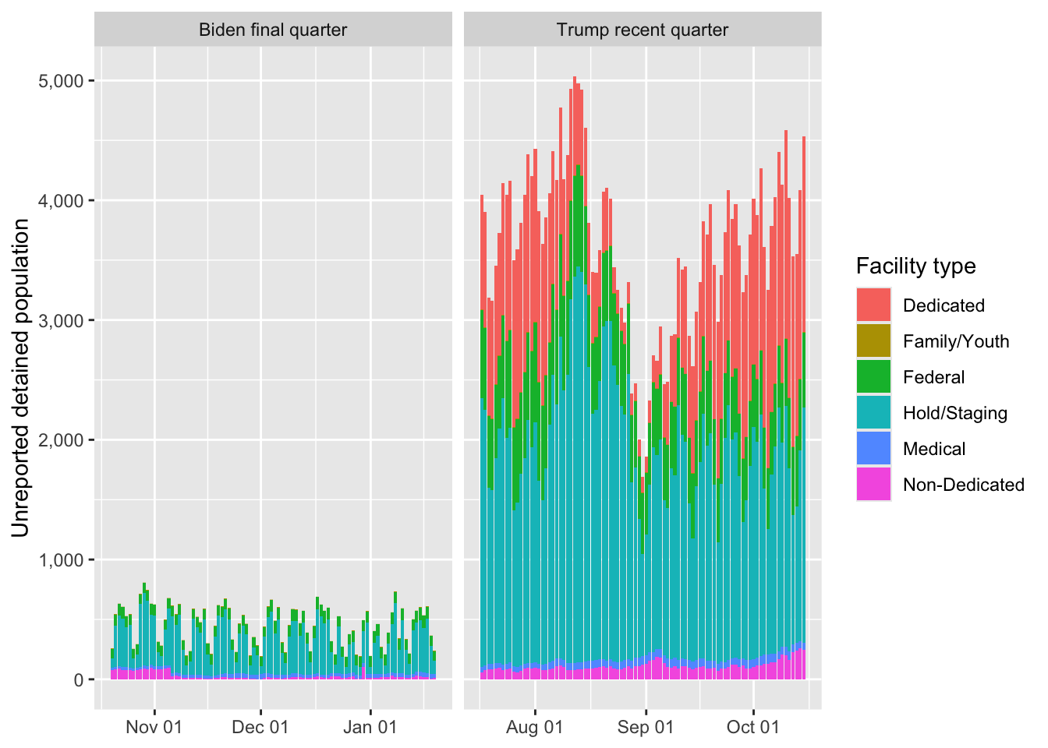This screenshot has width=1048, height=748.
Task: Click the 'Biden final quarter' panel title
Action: (273, 30)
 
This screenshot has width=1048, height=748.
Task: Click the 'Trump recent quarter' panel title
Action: (643, 30)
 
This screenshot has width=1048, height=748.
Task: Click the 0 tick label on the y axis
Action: (79, 680)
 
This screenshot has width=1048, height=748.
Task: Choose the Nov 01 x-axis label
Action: (154, 728)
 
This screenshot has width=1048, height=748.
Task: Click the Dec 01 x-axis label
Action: (260, 728)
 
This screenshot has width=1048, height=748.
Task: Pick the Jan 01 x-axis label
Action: (370, 728)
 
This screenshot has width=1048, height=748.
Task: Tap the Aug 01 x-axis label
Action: (535, 728)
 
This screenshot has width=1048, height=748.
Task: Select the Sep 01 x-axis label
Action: (646, 728)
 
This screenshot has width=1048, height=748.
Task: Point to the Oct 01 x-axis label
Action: (753, 728)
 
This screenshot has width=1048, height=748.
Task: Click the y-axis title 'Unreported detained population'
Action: (21, 378)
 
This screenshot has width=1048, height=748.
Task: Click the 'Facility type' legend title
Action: (915, 266)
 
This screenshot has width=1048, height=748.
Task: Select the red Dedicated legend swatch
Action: (873, 305)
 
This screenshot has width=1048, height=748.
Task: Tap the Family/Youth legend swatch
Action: (873, 341)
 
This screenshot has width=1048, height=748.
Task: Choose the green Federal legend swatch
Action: (873, 377)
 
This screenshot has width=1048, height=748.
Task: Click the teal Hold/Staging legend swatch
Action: (873, 413)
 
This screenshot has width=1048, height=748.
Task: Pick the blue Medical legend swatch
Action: (873, 449)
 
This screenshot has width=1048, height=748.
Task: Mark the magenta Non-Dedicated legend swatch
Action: (873, 485)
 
